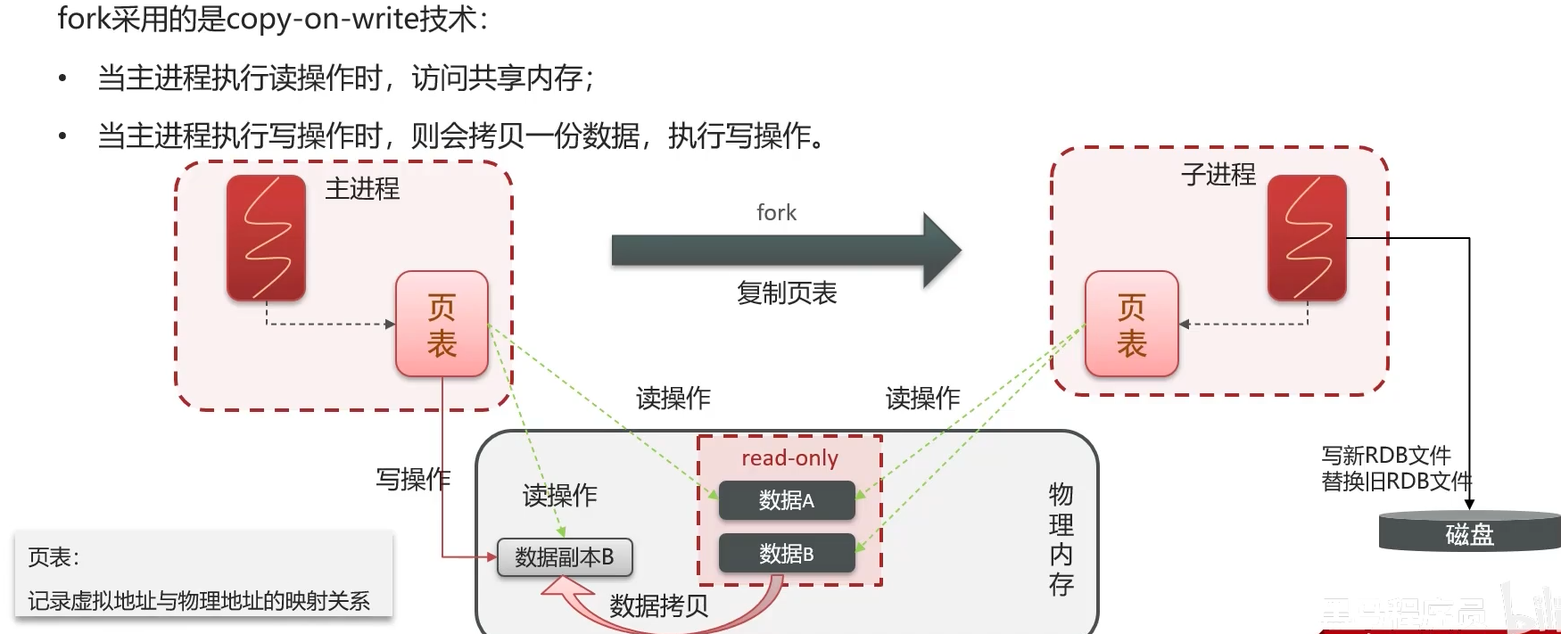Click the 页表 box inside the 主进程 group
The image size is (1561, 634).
pos(442,325)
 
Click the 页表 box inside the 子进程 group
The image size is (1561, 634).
pos(1131,325)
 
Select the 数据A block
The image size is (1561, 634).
pos(786,500)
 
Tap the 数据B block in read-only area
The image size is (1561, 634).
pos(786,554)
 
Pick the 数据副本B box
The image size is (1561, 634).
pos(565,557)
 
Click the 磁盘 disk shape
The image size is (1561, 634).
pos(1469,532)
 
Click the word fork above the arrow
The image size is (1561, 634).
pos(776,212)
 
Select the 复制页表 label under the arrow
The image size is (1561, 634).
pos(787,292)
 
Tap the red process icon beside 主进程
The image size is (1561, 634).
pos(266,237)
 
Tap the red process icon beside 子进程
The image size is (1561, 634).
pos(1307,237)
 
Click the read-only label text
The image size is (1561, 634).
pos(789,458)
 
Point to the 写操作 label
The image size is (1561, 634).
pos(413,480)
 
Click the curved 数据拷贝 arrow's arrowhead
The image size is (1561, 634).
pos(563,586)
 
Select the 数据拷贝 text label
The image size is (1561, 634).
pos(659,606)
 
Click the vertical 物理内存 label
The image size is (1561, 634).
pos(1061,539)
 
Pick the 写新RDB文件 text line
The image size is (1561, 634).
pos(1386,456)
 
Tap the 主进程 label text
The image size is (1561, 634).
pos(362,189)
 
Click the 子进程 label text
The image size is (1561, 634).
pos(1218,174)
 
